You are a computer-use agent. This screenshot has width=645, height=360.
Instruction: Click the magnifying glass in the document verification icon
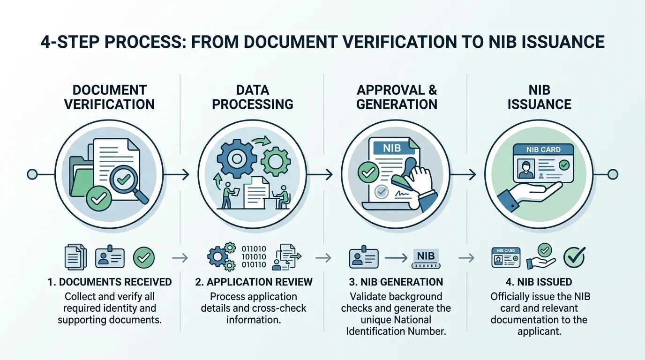[127, 183]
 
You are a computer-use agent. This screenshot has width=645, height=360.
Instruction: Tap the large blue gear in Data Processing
[237, 159]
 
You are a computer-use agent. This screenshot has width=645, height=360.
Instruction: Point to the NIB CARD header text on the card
[543, 150]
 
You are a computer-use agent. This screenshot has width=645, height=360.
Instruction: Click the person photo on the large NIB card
[526, 169]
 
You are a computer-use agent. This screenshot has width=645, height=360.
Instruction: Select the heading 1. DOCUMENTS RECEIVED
[110, 282]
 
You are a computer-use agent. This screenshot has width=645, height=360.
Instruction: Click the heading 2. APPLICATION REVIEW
[254, 282]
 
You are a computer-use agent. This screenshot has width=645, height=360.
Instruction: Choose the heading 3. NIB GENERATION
[396, 282]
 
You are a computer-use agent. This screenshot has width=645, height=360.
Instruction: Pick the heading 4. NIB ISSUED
[539, 282]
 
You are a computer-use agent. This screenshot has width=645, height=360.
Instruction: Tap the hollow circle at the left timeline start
[32, 174]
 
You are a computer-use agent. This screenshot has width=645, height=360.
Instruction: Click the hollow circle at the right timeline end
[613, 174]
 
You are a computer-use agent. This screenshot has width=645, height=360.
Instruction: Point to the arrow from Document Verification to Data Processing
[176, 174]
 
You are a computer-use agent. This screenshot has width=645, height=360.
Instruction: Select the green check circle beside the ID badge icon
[144, 258]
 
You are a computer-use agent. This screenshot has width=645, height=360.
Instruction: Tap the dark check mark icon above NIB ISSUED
[574, 257]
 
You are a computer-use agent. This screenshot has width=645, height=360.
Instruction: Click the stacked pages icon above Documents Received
[75, 257]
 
